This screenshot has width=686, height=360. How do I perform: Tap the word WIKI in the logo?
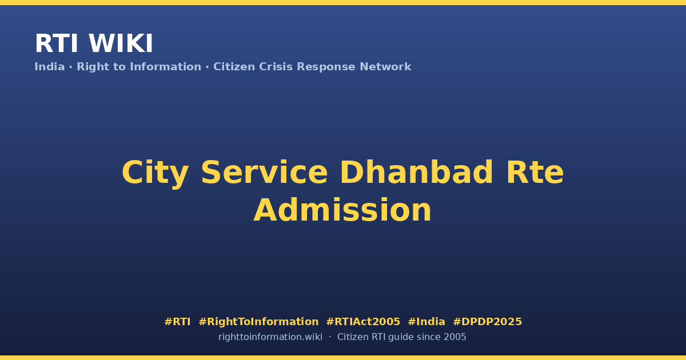121,43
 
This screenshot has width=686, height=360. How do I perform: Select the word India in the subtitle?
50,67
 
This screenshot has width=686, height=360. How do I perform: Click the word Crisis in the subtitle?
276,67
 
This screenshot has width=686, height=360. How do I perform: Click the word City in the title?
155,173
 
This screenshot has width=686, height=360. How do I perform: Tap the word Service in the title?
264,173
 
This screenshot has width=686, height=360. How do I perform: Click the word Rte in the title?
535,173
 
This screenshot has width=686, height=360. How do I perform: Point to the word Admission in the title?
342,210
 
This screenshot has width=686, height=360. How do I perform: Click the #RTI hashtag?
177,322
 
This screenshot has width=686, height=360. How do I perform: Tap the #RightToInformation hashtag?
258,322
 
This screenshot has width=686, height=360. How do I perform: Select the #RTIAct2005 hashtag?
363,322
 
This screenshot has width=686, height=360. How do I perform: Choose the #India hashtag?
426,322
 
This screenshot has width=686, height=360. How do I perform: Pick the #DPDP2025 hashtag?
487,322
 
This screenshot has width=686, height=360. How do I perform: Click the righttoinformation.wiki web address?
270,337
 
